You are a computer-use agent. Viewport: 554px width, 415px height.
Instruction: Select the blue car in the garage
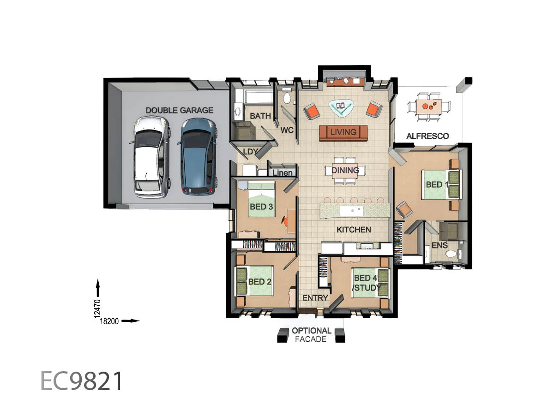click(x=198, y=156)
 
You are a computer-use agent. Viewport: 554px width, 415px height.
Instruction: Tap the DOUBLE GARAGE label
click(x=179, y=110)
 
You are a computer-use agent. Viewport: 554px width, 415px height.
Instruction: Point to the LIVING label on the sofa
click(x=343, y=132)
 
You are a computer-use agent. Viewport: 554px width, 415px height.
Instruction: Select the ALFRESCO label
click(x=427, y=136)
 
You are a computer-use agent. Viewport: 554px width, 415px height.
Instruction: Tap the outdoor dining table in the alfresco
click(x=429, y=107)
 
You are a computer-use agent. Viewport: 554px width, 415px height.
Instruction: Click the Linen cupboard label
click(x=283, y=173)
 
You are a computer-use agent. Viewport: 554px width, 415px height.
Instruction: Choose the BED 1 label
click(x=437, y=184)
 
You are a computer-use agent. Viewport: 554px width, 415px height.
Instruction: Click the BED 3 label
click(x=261, y=207)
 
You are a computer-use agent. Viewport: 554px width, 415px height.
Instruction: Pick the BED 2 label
click(x=259, y=281)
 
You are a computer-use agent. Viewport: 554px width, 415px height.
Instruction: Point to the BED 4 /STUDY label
click(x=366, y=283)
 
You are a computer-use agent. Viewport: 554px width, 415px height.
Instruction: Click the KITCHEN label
click(x=354, y=229)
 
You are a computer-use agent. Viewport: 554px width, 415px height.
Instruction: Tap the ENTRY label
click(x=315, y=298)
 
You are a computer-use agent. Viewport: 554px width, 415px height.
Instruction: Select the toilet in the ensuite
click(x=450, y=254)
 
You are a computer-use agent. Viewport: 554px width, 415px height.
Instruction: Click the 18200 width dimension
click(x=110, y=321)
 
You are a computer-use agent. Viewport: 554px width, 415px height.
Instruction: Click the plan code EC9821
click(x=82, y=381)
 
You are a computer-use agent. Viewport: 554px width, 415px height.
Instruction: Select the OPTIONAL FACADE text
click(x=311, y=335)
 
